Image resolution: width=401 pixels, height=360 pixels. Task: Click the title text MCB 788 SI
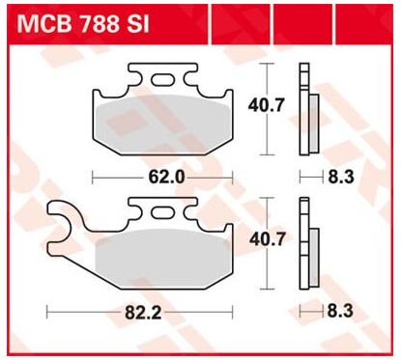point(83,24)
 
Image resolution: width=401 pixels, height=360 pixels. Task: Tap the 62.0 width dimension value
point(166,177)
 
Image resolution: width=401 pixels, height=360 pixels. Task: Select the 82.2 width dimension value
point(143,313)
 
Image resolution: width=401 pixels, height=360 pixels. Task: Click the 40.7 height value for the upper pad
point(267,105)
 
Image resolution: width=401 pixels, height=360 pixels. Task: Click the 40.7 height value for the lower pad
point(268,239)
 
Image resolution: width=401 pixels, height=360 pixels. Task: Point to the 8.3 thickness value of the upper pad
point(341,177)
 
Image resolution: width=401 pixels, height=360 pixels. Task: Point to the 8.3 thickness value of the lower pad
point(340,312)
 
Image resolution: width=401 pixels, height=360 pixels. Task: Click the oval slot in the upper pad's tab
point(162,80)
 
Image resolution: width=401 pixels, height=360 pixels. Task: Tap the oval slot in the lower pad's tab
point(162,213)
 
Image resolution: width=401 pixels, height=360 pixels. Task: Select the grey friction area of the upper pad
point(163,125)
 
